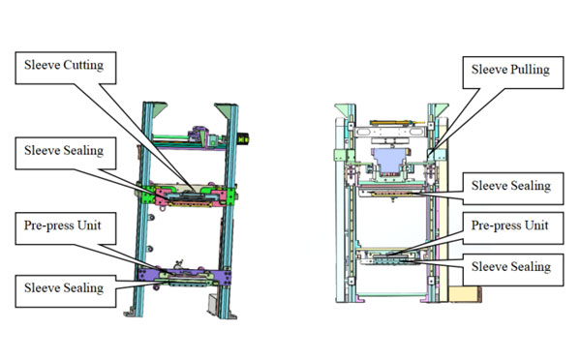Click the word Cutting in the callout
(83, 65)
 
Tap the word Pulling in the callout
(530, 70)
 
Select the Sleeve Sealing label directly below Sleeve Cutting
(64, 150)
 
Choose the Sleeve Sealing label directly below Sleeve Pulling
(511, 186)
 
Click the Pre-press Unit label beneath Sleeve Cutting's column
(63, 225)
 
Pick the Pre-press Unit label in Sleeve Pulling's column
(510, 225)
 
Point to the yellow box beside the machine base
(465, 293)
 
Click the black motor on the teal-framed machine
(243, 139)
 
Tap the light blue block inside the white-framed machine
(389, 160)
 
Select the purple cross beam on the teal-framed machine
(184, 276)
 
